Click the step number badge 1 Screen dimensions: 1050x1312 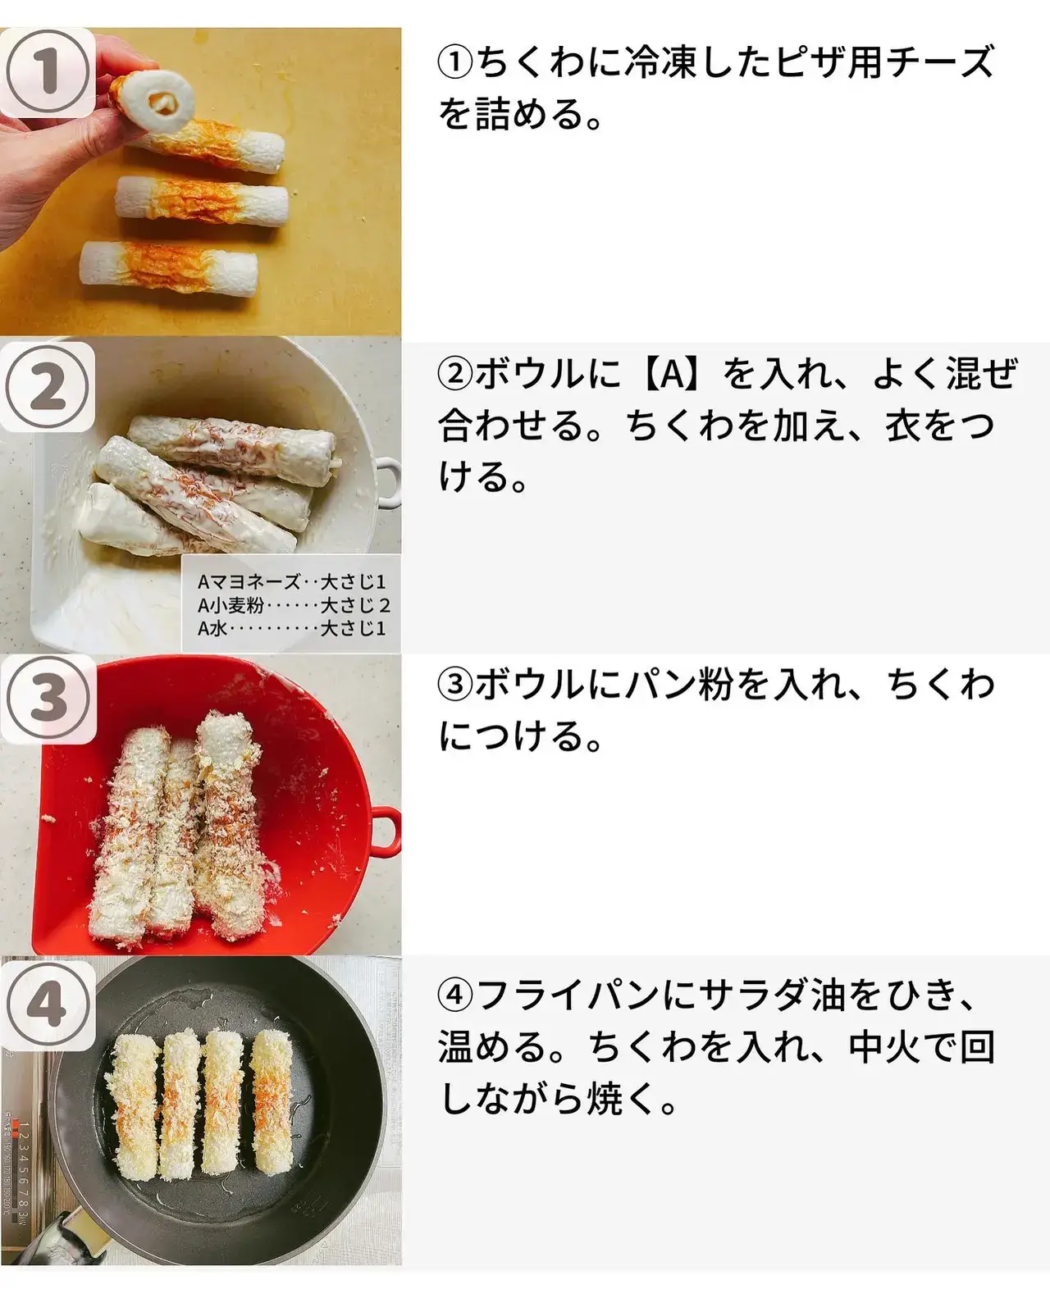pyautogui.click(x=47, y=73)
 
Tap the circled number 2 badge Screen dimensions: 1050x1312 pyautogui.click(x=47, y=386)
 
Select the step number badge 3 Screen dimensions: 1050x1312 pyautogui.click(x=48, y=699)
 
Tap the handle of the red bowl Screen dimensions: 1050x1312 pyautogui.click(x=385, y=831)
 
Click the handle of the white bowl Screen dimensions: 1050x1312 pyautogui.click(x=389, y=483)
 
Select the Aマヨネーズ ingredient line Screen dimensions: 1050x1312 pyautogui.click(x=292, y=581)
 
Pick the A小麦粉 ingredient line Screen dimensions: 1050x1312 pyautogui.click(x=293, y=605)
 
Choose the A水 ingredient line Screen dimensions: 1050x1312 pyautogui.click(x=292, y=628)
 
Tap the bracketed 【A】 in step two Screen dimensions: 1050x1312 pyautogui.click(x=673, y=374)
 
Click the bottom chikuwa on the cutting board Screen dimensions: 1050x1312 pyautogui.click(x=169, y=270)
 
